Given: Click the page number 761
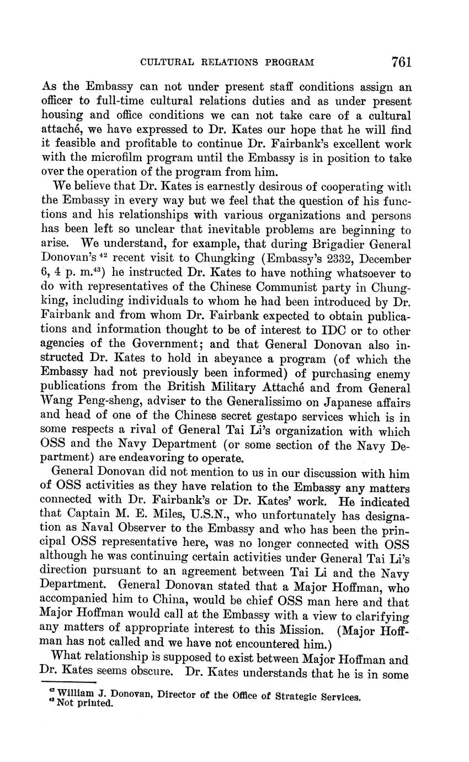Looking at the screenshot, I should [402, 62].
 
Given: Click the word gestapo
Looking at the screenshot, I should [270, 417].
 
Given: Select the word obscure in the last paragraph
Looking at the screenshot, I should [156, 675].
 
